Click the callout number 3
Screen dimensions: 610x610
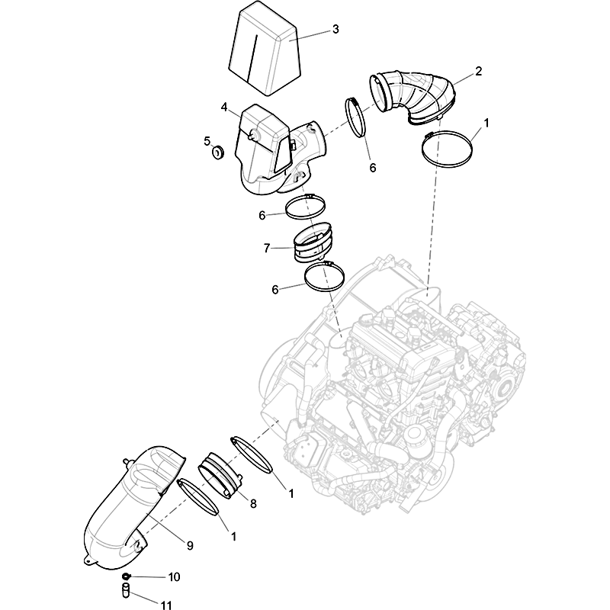[x=335, y=29]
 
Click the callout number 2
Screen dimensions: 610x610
[x=478, y=71]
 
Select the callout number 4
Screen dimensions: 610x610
[x=224, y=107]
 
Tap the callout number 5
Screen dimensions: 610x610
[x=207, y=141]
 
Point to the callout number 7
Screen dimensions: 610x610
[x=266, y=248]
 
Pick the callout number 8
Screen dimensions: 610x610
[x=253, y=504]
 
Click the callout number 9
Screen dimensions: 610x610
[x=190, y=546]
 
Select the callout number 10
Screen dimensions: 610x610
[x=174, y=577]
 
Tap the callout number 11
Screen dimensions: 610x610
[x=166, y=605]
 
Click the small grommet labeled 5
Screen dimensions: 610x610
[x=218, y=152]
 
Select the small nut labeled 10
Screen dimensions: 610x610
[x=126, y=576]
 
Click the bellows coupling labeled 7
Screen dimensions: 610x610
[x=313, y=242]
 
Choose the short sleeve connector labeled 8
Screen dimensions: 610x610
[x=221, y=475]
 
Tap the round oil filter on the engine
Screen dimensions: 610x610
[x=416, y=440]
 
